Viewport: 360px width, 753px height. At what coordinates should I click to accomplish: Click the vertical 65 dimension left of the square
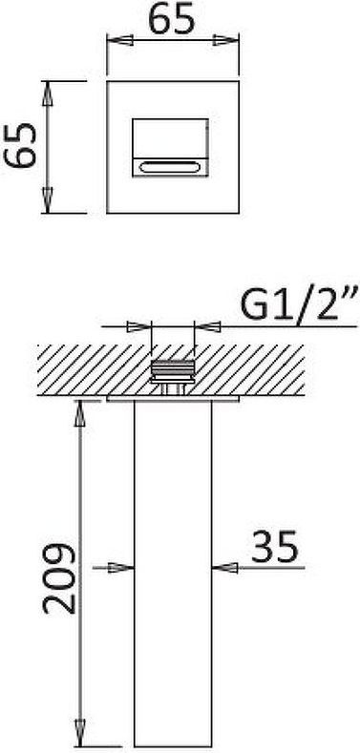point(21,145)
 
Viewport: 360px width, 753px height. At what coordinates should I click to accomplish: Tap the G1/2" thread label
point(299,303)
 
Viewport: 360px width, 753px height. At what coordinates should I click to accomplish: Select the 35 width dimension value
point(275,546)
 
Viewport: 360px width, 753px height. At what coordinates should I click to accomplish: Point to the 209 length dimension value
point(59,578)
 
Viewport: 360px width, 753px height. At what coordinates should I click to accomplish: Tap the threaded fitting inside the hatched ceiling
point(173,377)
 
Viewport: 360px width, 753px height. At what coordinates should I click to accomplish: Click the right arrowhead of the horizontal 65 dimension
point(225,40)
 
